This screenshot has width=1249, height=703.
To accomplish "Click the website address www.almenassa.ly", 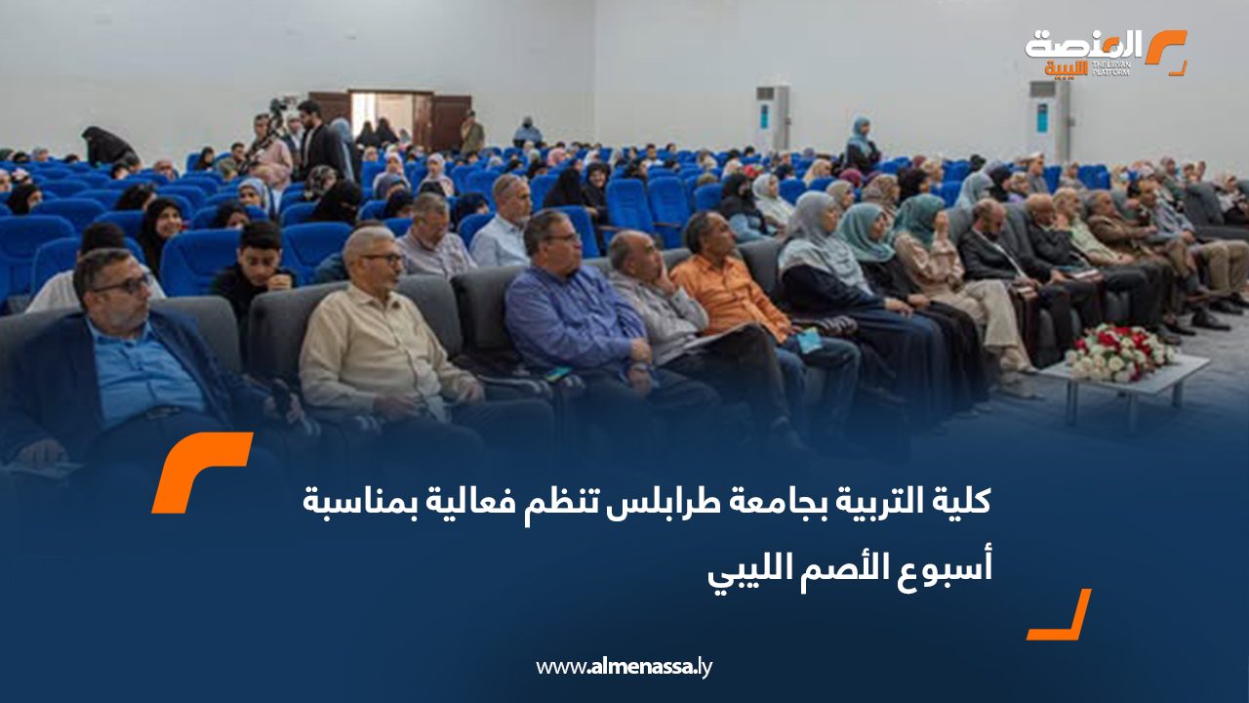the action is pos(624,667).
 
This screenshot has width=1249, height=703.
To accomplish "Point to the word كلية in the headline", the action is pos(961,501).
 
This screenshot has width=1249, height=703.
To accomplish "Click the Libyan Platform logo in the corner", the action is pos(1106,53).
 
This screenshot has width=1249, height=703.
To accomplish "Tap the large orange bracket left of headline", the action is pos(201,472).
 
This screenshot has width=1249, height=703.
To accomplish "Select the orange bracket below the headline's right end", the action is pos(1059,614).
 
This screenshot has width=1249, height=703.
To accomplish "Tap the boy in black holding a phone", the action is pos(255,273).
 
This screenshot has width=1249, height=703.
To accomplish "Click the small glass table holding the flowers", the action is pos(1125,385).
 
